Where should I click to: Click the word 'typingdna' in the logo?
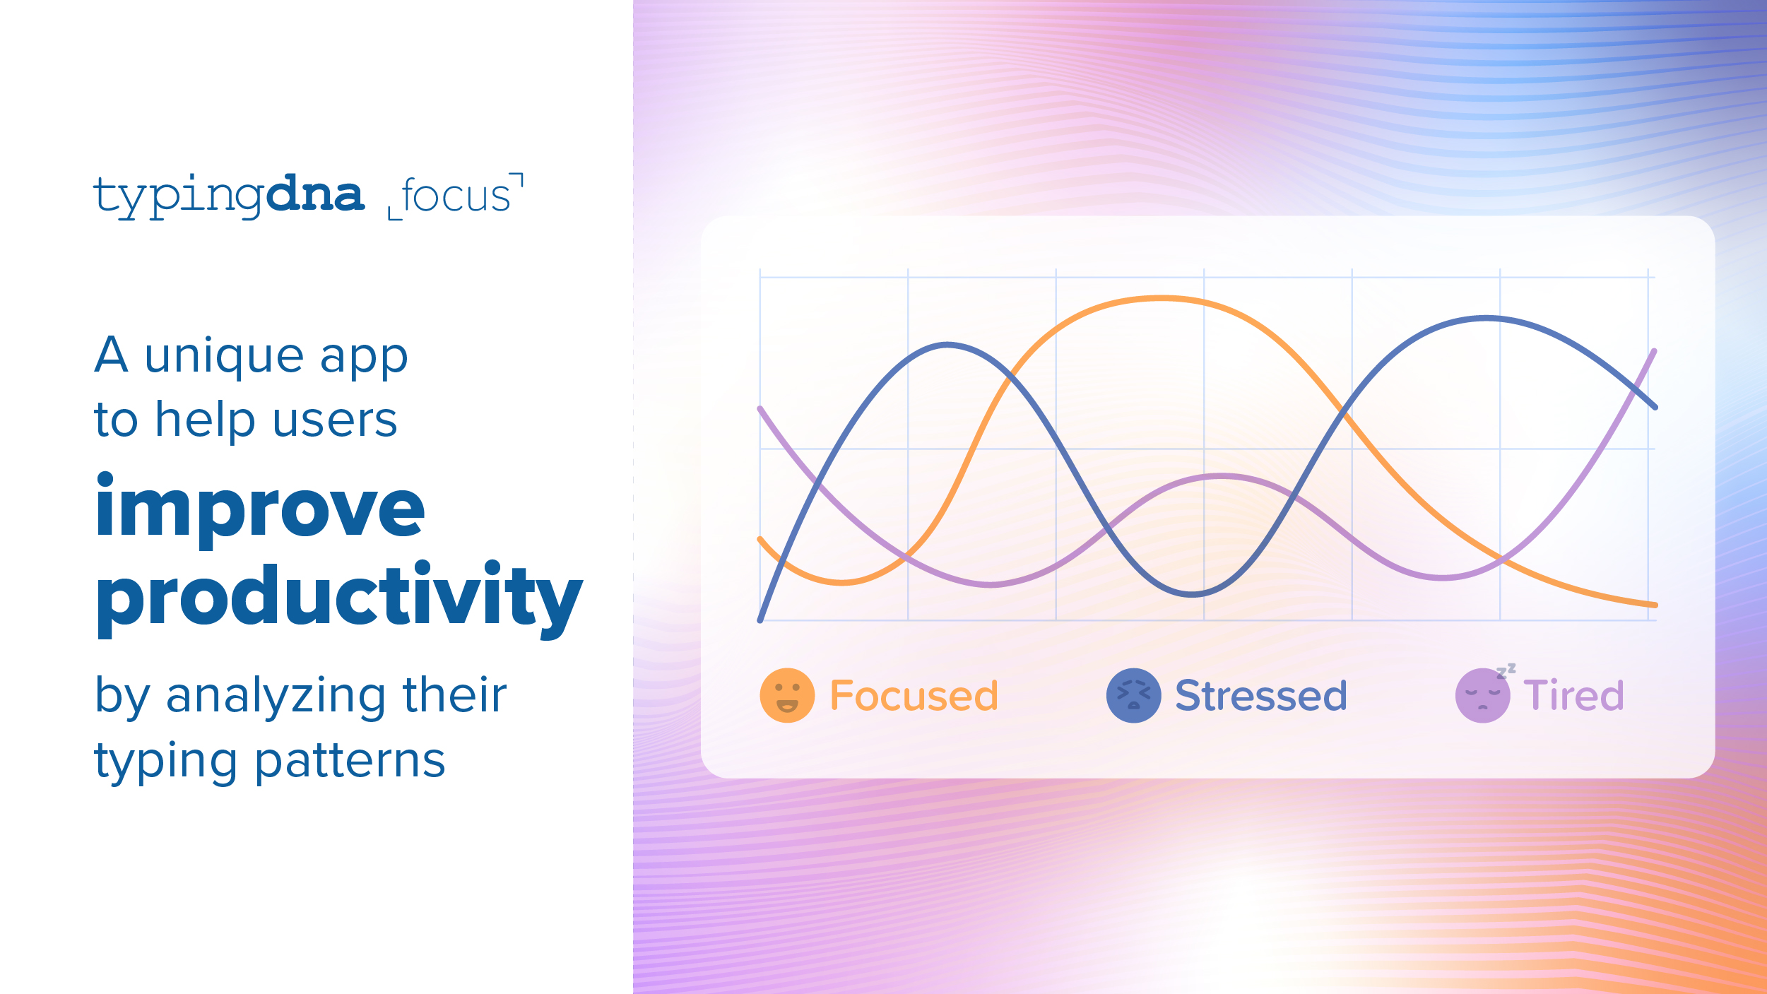coord(229,196)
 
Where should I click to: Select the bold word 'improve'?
coord(260,507)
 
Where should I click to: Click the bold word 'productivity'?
coord(339,597)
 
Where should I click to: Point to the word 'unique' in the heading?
coord(223,355)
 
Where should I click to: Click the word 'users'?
coord(335,420)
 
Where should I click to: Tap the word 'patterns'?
coord(350,761)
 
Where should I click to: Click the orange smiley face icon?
coord(786,695)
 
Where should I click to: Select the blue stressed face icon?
coord(1133,695)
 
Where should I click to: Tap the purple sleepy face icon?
coord(1482,696)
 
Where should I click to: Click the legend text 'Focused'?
coord(914,695)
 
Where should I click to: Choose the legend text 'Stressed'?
coord(1261,695)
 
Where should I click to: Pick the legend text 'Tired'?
coord(1573,695)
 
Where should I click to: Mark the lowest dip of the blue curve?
coord(1192,594)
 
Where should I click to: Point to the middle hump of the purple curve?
coord(1222,476)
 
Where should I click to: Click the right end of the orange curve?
coord(1653,605)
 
